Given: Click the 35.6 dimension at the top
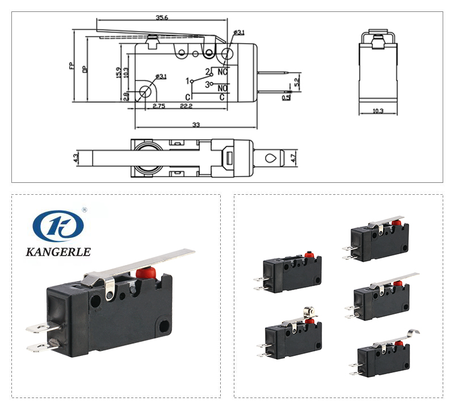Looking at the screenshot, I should point(162,18).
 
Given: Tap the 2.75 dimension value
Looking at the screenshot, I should point(158,106).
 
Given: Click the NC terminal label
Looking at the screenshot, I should point(222,72).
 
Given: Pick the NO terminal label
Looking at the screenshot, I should point(222,88).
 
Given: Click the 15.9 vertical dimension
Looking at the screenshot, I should point(118,73).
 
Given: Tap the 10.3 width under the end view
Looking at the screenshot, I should point(379,111).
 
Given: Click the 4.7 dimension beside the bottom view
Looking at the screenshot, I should point(293,156).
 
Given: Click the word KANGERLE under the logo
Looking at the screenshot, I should point(58,252).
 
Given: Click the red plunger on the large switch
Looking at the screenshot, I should point(144,272).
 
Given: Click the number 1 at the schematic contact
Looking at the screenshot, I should point(187,81).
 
